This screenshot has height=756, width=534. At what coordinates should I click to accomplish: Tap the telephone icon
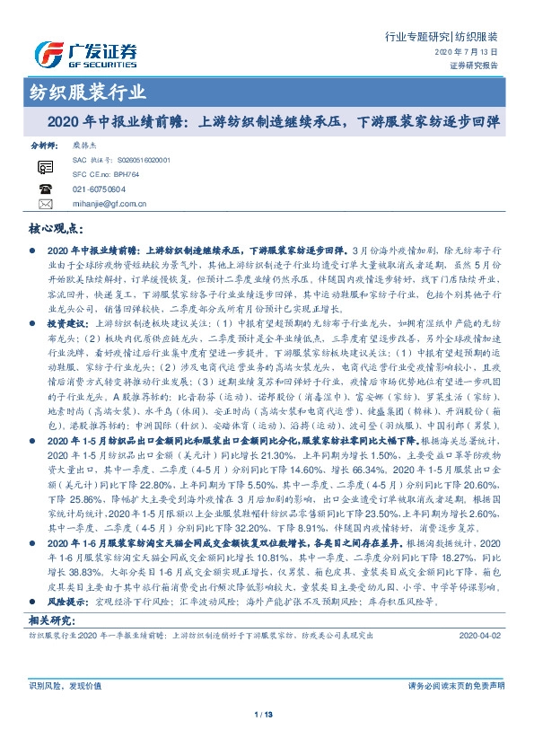pyautogui.click(x=46, y=189)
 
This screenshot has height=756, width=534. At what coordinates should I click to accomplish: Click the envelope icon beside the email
pyautogui.click(x=46, y=205)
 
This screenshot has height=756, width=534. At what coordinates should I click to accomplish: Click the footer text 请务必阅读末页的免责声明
pyautogui.click(x=455, y=686)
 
